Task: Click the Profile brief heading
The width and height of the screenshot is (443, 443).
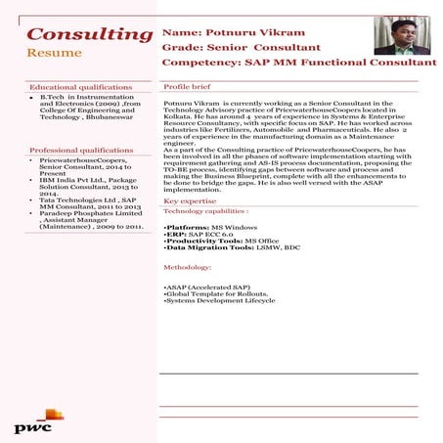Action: tap(189, 87)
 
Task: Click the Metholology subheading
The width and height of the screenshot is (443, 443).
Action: tap(188, 267)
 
